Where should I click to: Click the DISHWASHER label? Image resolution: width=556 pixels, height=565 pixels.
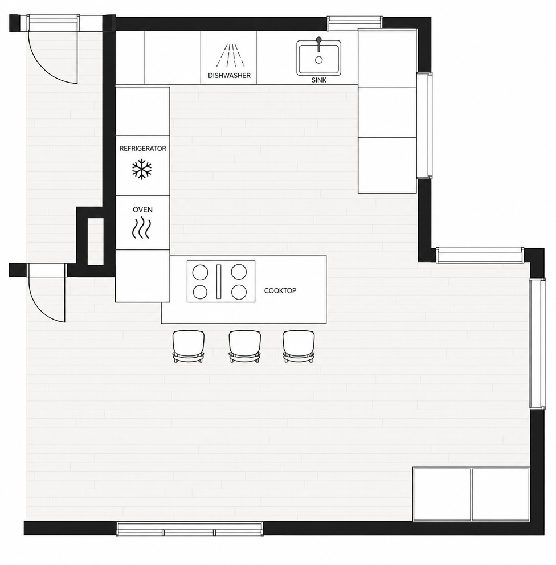click(229, 76)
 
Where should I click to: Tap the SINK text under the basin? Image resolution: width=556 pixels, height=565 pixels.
click(319, 80)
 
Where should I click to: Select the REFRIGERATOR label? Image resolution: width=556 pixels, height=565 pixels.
click(142, 149)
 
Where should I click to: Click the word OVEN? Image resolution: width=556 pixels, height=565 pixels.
click(142, 210)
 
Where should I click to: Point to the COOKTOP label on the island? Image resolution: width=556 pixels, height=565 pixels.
click(280, 291)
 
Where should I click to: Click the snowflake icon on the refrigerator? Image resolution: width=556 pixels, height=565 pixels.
click(142, 170)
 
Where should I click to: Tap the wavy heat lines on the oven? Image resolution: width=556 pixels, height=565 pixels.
click(141, 228)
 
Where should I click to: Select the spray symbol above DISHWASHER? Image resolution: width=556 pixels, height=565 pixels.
click(231, 55)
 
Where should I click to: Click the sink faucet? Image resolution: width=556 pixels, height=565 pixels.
click(318, 44)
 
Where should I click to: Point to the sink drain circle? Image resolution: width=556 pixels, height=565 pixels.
click(318, 60)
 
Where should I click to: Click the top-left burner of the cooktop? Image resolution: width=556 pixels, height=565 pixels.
click(200, 272)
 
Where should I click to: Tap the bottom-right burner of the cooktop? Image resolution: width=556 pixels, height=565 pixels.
click(239, 292)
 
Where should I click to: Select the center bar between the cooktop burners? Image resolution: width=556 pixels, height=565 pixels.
click(219, 282)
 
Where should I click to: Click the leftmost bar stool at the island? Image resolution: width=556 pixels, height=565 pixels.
click(189, 346)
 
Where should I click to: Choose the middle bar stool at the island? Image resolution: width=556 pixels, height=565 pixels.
click(244, 346)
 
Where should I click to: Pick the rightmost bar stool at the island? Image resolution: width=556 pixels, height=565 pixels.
click(299, 346)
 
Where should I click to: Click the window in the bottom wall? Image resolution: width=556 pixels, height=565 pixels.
click(190, 529)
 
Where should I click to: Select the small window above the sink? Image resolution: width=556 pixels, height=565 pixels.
click(354, 23)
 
